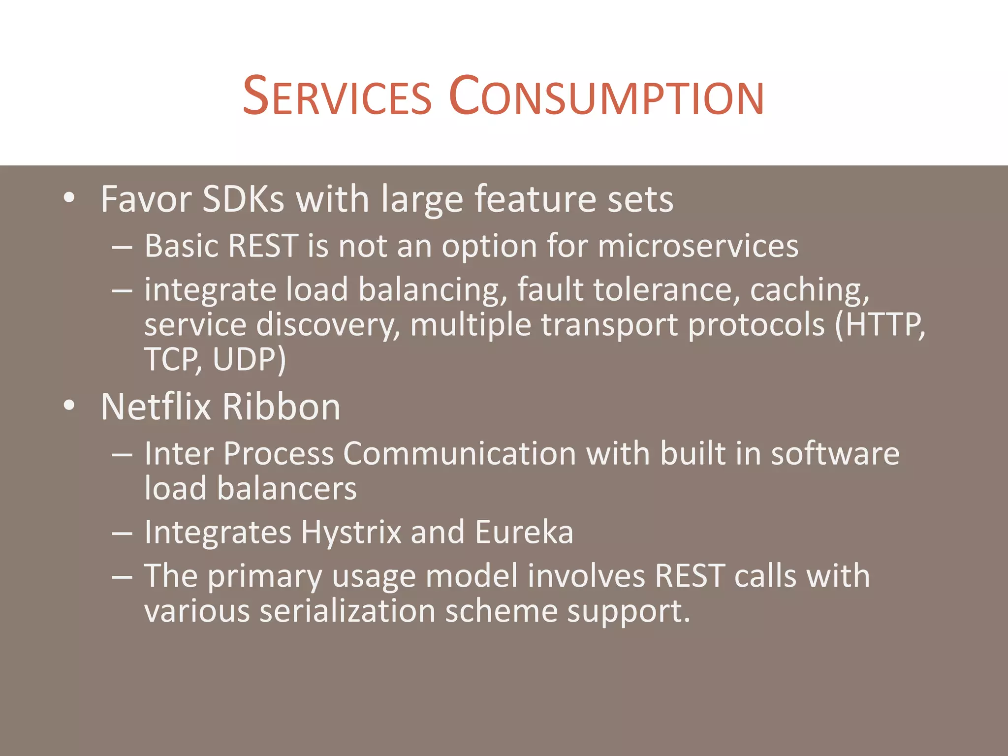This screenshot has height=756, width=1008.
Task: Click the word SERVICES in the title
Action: (x=337, y=96)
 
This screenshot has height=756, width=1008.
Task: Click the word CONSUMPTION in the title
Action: (x=606, y=96)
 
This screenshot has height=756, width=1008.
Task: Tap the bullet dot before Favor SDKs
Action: (x=69, y=198)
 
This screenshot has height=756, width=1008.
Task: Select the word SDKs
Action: (x=243, y=199)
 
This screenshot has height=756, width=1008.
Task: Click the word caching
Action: (x=809, y=289)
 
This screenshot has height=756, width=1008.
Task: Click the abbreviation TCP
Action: (x=172, y=359)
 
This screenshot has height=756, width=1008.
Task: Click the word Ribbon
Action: (x=281, y=407)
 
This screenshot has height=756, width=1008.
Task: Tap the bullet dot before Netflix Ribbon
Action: (x=69, y=406)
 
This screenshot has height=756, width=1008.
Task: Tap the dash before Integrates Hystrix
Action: (x=122, y=533)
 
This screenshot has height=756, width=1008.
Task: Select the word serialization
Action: (x=347, y=611)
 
